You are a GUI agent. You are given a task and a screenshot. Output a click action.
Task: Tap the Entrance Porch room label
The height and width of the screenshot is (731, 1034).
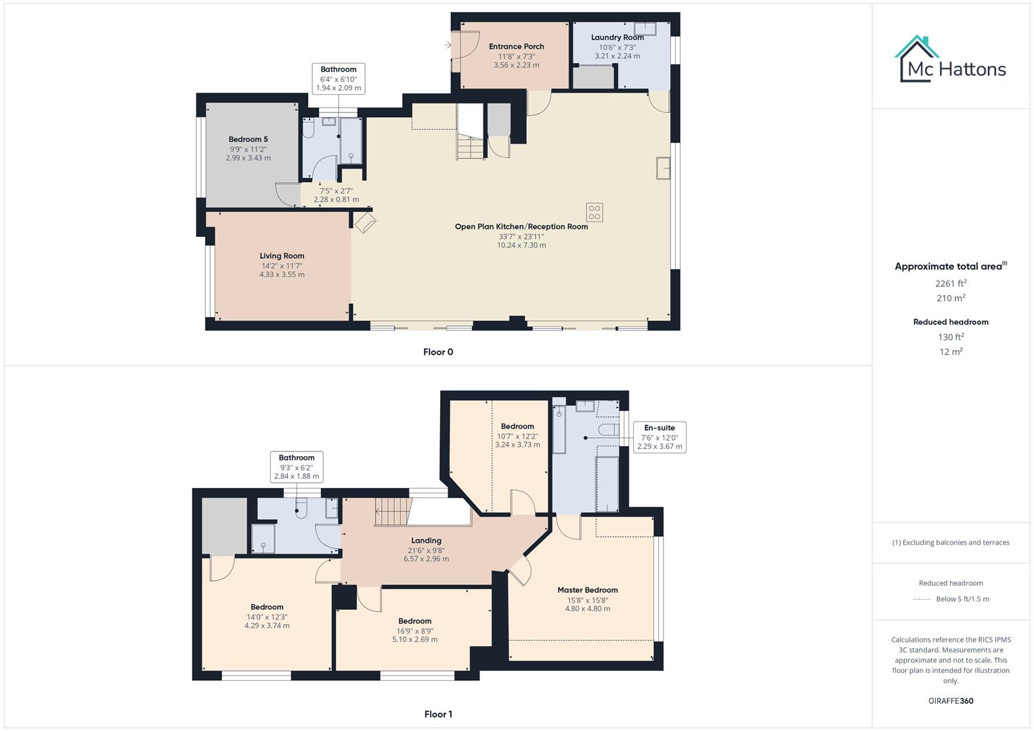click(516, 47)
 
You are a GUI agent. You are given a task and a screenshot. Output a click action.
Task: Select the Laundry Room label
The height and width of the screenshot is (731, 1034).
click(617, 38)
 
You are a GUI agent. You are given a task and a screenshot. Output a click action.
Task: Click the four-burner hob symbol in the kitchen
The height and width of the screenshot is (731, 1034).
click(594, 213)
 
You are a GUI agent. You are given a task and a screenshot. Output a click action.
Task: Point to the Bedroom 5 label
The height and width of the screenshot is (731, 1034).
click(248, 139)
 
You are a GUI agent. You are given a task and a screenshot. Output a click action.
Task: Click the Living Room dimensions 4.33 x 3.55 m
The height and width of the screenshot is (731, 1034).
click(282, 275)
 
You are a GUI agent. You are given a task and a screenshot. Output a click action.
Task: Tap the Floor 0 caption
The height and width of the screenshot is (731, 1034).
click(437, 352)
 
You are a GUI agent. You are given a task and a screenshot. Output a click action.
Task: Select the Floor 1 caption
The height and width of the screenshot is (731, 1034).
click(437, 714)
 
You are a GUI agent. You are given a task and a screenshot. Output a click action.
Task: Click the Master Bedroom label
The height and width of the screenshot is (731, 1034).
click(587, 590)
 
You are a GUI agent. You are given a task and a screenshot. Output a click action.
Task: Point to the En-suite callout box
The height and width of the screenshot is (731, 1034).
click(660, 437)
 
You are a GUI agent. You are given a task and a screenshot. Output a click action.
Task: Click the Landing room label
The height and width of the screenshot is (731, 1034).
click(426, 541)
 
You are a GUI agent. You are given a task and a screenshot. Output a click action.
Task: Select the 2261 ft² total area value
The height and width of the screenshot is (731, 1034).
click(951, 284)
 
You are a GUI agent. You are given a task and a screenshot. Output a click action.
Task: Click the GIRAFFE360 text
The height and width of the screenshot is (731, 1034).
click(951, 701)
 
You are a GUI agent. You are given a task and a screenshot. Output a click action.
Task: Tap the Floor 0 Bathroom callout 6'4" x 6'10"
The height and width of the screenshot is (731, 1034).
click(339, 79)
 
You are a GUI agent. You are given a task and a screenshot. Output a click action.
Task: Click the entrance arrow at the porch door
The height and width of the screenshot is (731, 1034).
click(448, 45)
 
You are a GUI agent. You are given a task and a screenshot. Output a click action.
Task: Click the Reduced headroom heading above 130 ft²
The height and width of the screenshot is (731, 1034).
click(951, 322)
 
